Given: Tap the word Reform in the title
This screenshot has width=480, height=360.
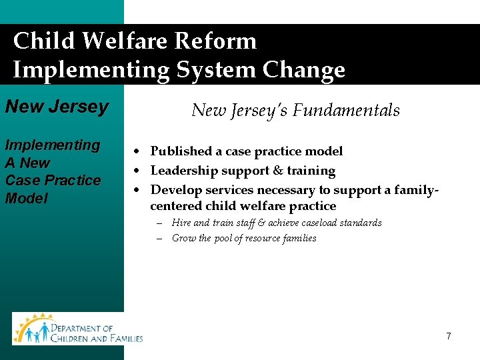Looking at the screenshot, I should pos(215,41).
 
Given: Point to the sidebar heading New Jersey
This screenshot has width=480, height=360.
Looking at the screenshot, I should pos(56,107).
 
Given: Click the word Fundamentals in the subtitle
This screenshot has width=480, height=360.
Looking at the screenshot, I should pos(348,110).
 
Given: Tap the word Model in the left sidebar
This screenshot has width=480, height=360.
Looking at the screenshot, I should pos(27,198).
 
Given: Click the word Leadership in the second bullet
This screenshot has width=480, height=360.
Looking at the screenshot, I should pos(183,171).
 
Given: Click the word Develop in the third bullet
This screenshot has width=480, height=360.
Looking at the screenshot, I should pos(175,190).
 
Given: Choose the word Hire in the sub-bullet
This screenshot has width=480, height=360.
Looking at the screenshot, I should pos(181,223).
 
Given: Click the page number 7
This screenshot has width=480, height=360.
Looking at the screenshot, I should pos(449,336).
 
